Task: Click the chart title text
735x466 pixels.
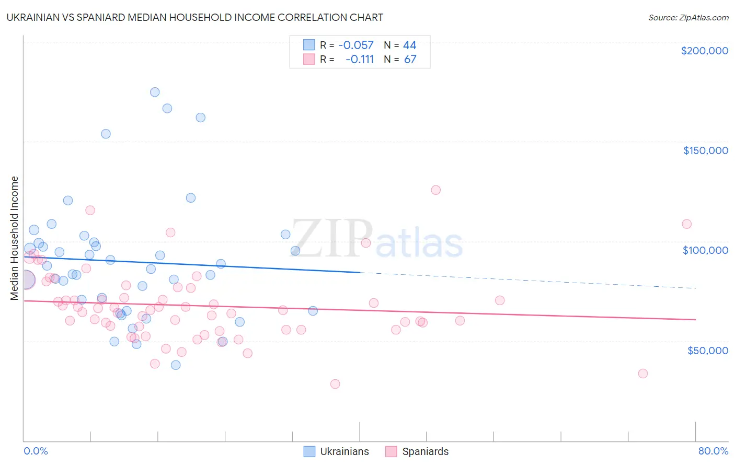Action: pyautogui.click(x=195, y=17)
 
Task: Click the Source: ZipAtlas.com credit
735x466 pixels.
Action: pyautogui.click(x=688, y=17)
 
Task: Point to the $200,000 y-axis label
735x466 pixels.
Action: pyautogui.click(x=704, y=51)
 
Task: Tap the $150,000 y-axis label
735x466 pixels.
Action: pyautogui.click(x=705, y=150)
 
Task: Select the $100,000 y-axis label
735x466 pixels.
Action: pyautogui.click(x=705, y=250)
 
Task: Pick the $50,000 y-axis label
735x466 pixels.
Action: pyautogui.click(x=707, y=350)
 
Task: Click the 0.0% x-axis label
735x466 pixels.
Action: pyautogui.click(x=36, y=451)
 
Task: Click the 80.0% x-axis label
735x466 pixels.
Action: pyautogui.click(x=713, y=451)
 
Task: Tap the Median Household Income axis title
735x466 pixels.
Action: pyautogui.click(x=15, y=238)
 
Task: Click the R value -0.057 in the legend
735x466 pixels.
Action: pyautogui.click(x=356, y=45)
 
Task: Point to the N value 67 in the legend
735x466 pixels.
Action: pyautogui.click(x=410, y=60)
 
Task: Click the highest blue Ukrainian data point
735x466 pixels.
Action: pyautogui.click(x=155, y=92)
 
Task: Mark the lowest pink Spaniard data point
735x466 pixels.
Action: pyautogui.click(x=335, y=384)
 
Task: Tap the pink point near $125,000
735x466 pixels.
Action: pyautogui.click(x=435, y=190)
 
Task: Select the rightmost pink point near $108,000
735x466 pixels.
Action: pyautogui.click(x=686, y=224)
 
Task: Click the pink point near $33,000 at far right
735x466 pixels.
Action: pyautogui.click(x=642, y=374)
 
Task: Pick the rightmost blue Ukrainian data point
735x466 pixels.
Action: pyautogui.click(x=313, y=311)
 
